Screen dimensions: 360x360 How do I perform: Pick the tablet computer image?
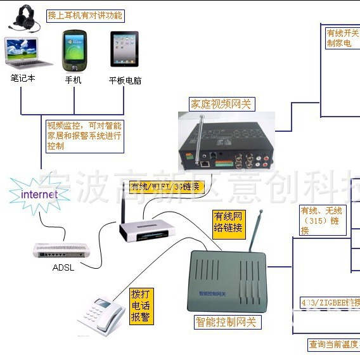pyautogui.click(x=124, y=49)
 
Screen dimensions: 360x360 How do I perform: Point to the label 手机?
pyautogui.click(x=74, y=80)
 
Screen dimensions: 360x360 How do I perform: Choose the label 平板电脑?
pyautogui.click(x=125, y=80)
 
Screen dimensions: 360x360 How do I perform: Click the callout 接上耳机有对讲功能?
pyautogui.click(x=85, y=15)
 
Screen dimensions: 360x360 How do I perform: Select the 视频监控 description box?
pyautogui.click(x=84, y=136)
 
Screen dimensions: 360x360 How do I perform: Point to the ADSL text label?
pyautogui.click(x=63, y=267)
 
